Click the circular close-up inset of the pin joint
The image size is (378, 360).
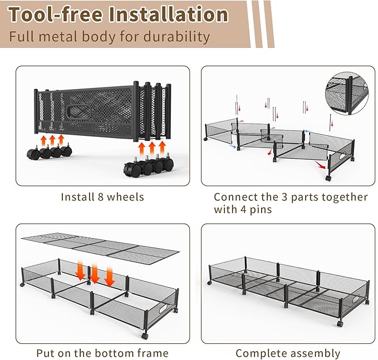(x=347, y=93)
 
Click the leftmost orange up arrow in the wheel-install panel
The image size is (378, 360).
(x=43, y=140)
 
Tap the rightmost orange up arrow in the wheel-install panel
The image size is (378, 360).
(x=163, y=149)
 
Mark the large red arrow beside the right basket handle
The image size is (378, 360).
(x=320, y=164)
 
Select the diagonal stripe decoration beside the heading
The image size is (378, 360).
(x=262, y=23)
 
